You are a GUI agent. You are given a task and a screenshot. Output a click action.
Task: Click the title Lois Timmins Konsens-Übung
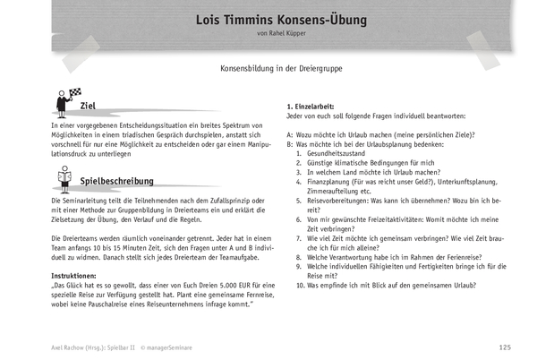(268, 20)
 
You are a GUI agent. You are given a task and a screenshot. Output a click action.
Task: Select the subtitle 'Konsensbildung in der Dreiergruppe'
(268, 68)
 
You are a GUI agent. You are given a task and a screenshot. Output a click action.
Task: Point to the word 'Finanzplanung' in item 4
(331, 182)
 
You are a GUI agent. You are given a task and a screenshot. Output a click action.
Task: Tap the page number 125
(504, 347)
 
